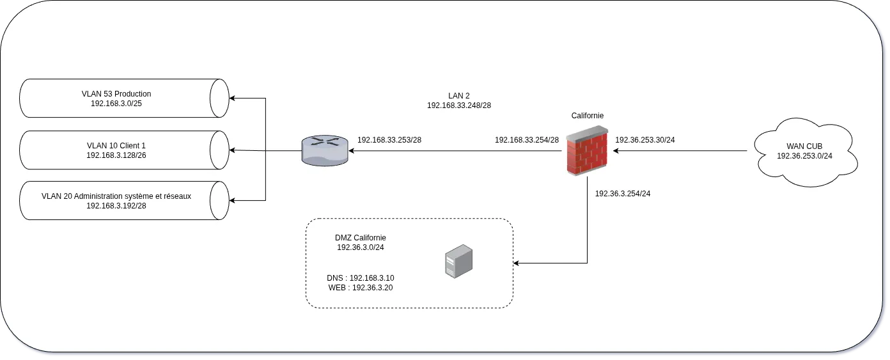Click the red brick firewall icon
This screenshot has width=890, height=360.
pos(587,151)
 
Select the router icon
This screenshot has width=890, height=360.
pos(325,151)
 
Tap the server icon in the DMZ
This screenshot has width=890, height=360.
pos(459,262)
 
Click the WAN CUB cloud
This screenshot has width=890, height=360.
pos(804,151)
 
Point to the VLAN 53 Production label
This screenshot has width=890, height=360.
pos(116,94)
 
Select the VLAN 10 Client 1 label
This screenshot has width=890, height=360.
pos(116,145)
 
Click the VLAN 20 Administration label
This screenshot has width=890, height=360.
pos(116,196)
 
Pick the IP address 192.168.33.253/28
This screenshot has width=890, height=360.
pos(389,139)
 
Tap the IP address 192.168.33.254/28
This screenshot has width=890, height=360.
pos(527,139)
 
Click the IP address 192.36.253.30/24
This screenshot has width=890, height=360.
pos(645,139)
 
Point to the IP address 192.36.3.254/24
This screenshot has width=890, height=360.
pos(623,193)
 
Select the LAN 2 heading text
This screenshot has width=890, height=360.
pos(459,95)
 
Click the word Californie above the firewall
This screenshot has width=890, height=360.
pos(587,116)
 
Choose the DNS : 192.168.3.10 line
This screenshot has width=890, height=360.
pos(360,278)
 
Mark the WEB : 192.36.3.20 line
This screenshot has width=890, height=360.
pos(360,288)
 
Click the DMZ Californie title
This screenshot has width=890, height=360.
pos(360,238)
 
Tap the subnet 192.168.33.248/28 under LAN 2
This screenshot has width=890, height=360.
pos(459,105)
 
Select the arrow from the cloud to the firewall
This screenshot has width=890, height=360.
pos(680,152)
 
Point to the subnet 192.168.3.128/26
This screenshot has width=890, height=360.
pos(116,155)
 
